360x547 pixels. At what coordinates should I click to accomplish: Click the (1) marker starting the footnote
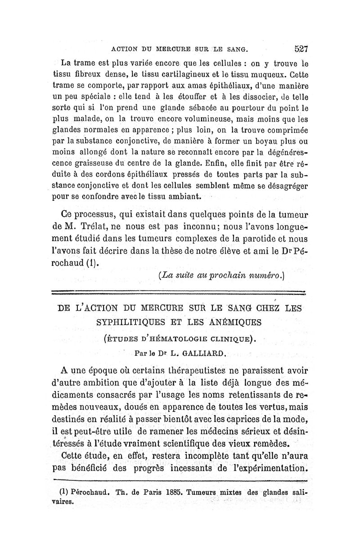[54, 492]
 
